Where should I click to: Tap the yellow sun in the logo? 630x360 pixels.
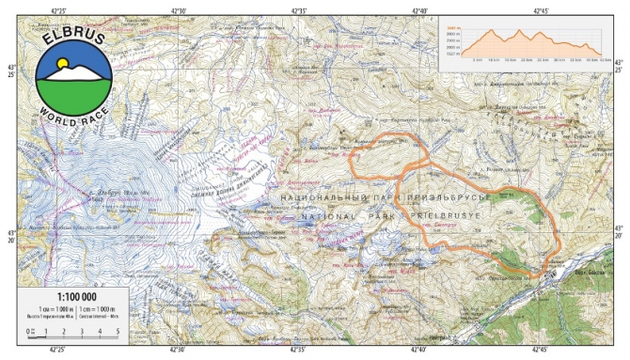pyautogui.click(x=63, y=64)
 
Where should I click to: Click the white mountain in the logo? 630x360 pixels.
pyautogui.click(x=76, y=72)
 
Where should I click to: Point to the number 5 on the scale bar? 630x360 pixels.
pyautogui.click(x=117, y=331)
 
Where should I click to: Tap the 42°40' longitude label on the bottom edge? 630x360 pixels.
pyautogui.click(x=420, y=351)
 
